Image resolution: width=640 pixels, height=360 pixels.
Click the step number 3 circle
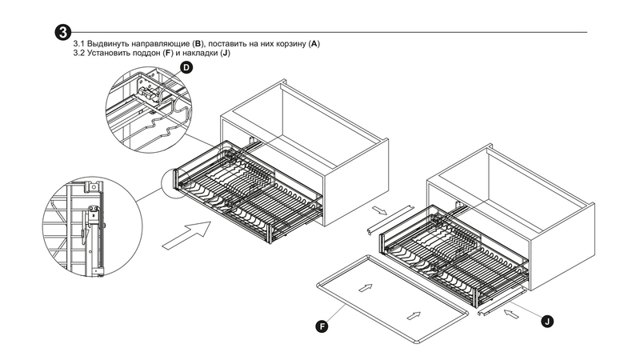61,32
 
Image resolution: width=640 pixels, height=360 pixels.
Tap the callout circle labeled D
186,70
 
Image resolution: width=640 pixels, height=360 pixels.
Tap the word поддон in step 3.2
151,52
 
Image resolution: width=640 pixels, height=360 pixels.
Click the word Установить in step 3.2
111,52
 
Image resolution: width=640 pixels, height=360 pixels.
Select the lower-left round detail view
78,229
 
